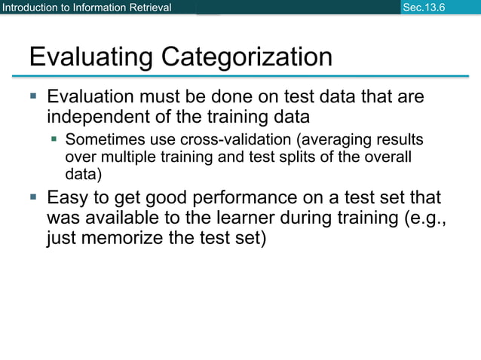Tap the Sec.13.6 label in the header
point(424,8)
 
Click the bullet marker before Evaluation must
point(32,97)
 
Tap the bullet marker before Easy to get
point(32,198)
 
